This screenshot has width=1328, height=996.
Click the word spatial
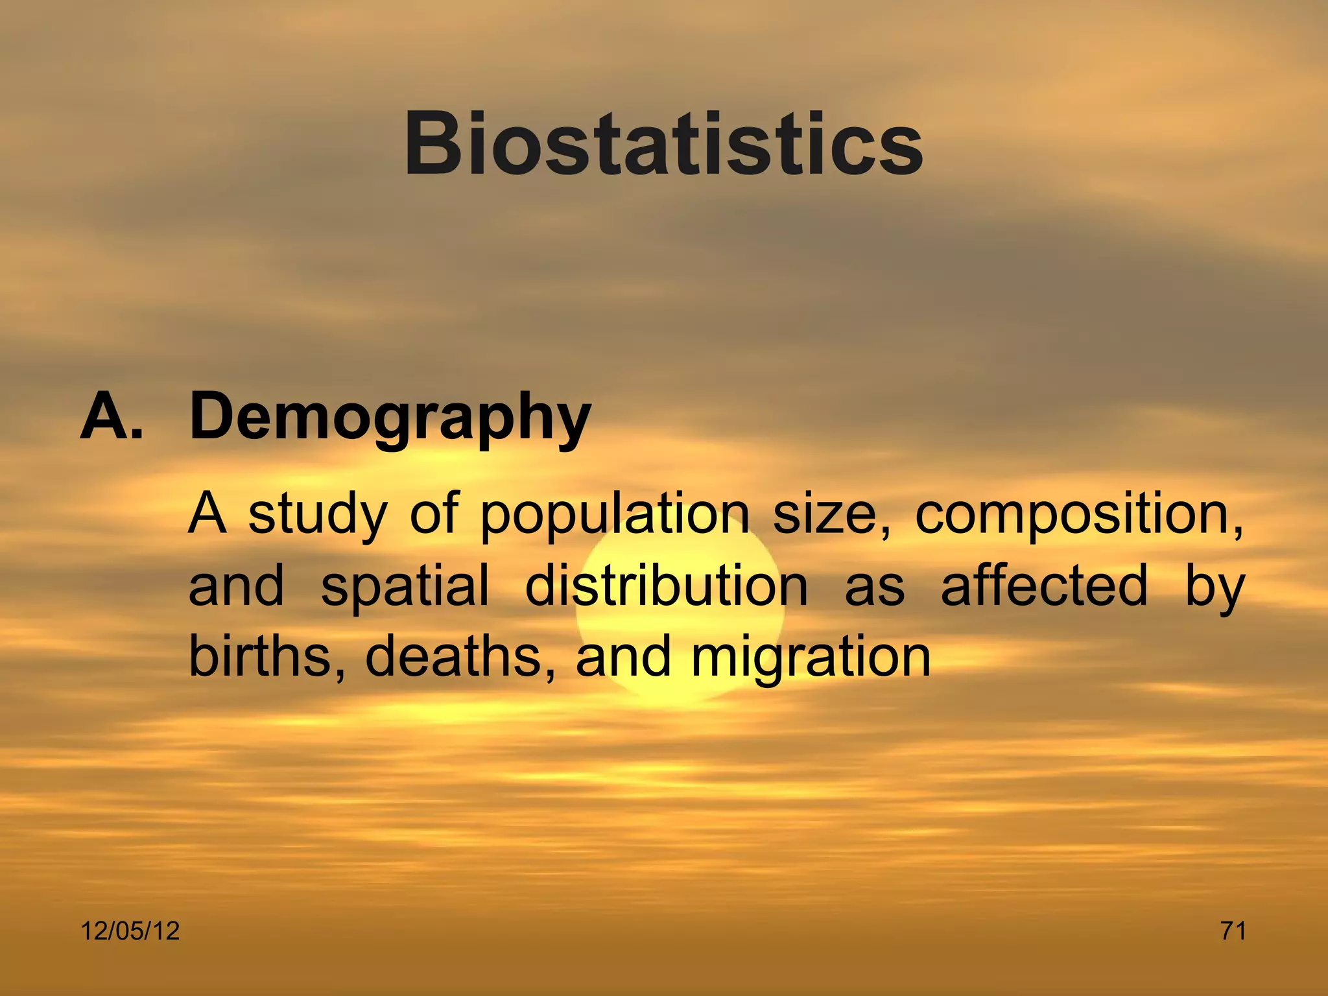(405, 586)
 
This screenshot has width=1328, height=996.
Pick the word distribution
(667, 586)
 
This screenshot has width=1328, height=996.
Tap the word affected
(1044, 586)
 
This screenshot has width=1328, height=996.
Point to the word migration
(811, 658)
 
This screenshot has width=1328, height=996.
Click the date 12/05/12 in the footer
(130, 931)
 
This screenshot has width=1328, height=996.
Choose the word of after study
(434, 514)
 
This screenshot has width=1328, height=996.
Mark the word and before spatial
(236, 586)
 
